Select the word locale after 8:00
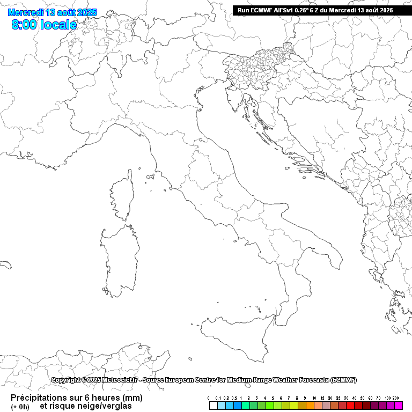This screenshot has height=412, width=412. [x=58, y=25]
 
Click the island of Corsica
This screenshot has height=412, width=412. [x=123, y=195]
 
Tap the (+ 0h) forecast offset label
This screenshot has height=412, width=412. [x=20, y=407]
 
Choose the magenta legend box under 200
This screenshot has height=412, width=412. [x=399, y=406]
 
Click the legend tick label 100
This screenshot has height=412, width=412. [x=387, y=398]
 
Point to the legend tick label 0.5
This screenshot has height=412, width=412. [x=234, y=398]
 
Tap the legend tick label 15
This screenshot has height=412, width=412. [x=322, y=398]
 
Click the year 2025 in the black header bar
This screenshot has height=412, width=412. [x=385, y=10]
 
